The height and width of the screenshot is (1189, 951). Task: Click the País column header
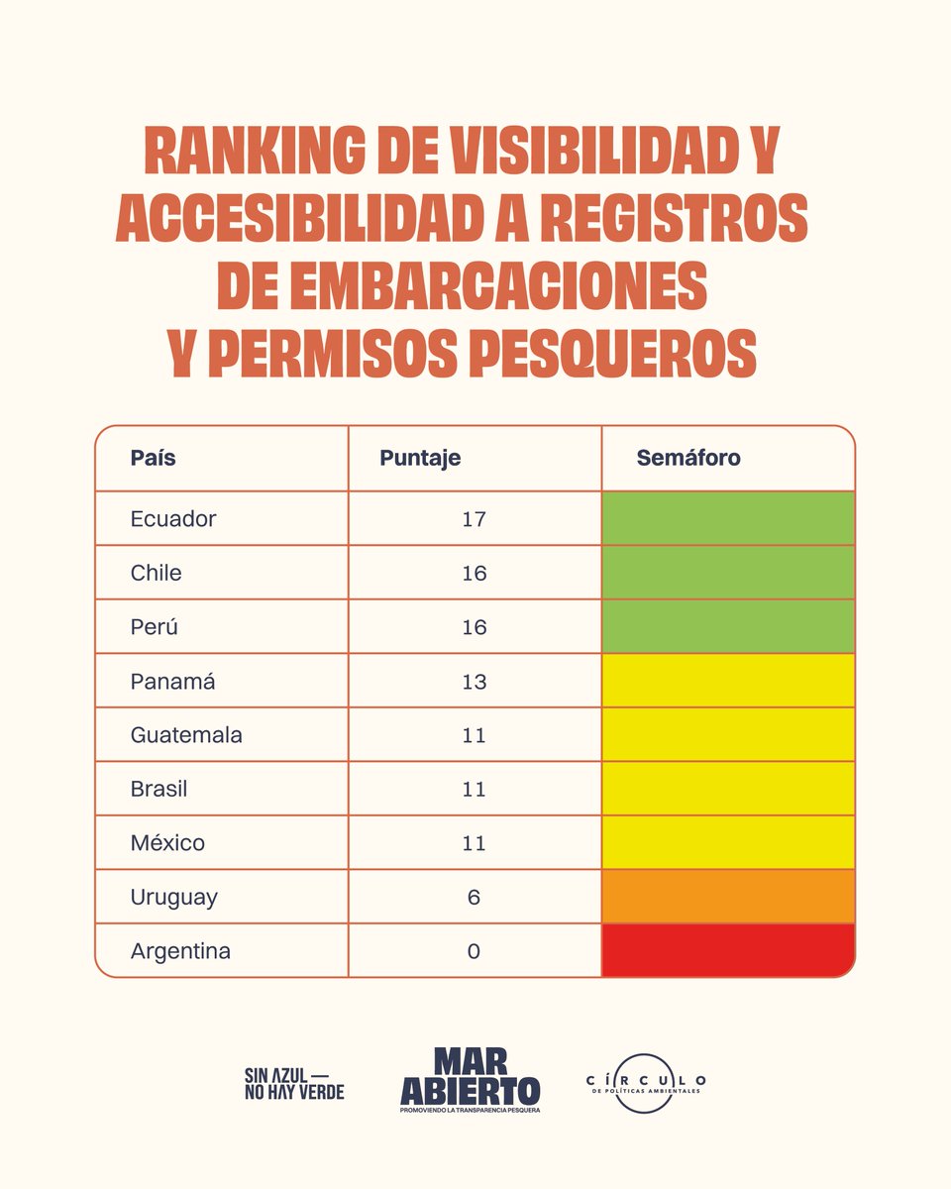click(x=153, y=459)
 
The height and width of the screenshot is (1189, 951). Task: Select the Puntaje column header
click(x=420, y=459)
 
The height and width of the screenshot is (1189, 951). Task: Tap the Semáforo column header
click(x=687, y=459)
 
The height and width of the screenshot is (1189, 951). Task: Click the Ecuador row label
click(x=173, y=518)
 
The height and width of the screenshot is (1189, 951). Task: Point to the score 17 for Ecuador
click(x=474, y=518)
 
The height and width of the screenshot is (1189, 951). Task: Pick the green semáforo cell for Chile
click(x=728, y=573)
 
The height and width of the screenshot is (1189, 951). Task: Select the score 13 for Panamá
click(x=474, y=682)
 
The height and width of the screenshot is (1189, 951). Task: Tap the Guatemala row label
click(x=186, y=735)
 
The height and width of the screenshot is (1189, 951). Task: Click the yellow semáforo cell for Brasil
click(x=728, y=789)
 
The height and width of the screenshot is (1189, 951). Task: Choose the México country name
click(x=167, y=843)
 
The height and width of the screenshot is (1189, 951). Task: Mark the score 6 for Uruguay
click(x=474, y=897)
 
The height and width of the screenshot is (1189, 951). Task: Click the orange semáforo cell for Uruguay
click(x=728, y=897)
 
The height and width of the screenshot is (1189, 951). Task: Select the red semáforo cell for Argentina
click(x=728, y=951)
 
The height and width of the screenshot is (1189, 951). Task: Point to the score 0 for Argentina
click(x=474, y=951)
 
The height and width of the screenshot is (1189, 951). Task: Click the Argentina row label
click(x=180, y=951)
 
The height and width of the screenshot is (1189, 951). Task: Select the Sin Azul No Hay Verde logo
click(x=294, y=1083)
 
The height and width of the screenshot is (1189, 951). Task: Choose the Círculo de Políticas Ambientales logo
click(x=645, y=1083)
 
